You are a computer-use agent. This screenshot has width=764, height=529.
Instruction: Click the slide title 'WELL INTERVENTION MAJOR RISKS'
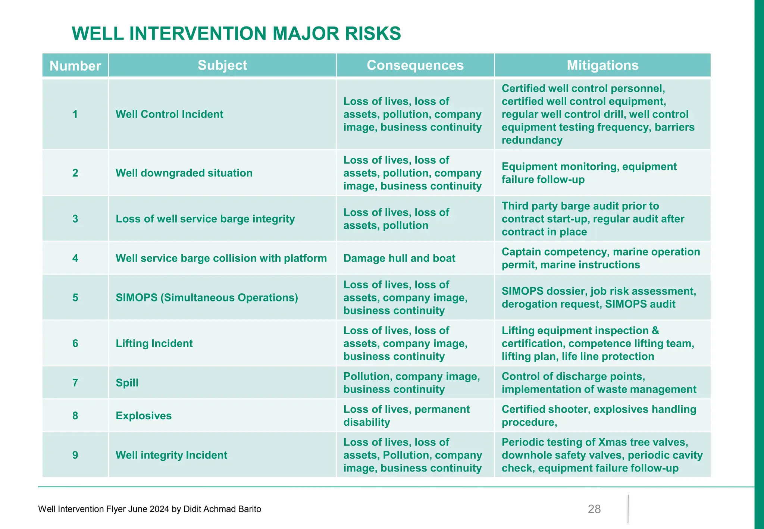click(236, 34)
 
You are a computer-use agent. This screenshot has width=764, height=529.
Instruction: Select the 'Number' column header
click(75, 66)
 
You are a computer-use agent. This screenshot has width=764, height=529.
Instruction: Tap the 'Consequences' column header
click(415, 65)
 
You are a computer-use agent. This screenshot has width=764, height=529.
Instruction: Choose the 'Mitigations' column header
click(602, 65)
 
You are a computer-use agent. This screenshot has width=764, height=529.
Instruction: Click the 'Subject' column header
click(222, 65)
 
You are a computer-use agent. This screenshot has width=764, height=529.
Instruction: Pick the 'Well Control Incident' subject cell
click(169, 114)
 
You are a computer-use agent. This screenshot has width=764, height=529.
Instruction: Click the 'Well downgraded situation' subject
click(184, 173)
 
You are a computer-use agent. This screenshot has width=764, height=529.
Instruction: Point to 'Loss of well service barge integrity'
click(205, 219)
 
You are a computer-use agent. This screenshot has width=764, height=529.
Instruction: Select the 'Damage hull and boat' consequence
click(399, 258)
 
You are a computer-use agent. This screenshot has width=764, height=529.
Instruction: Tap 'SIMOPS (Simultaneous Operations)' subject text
click(207, 298)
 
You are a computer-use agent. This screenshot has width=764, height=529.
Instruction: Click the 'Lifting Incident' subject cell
click(154, 343)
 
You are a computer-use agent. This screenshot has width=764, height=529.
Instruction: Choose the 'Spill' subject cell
click(127, 383)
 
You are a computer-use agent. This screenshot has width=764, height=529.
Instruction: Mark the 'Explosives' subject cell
click(144, 416)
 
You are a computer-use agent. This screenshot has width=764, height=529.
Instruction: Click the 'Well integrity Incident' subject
click(171, 455)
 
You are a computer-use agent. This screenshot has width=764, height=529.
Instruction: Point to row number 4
click(75, 258)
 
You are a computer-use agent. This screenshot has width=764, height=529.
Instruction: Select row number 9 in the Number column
click(75, 455)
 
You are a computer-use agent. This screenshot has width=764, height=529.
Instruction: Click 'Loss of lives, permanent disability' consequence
click(406, 416)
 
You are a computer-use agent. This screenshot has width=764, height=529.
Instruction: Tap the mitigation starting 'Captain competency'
click(601, 258)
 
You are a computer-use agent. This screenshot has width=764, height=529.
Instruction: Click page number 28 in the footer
click(594, 509)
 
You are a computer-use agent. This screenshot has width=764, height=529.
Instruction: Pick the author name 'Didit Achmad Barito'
click(222, 509)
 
